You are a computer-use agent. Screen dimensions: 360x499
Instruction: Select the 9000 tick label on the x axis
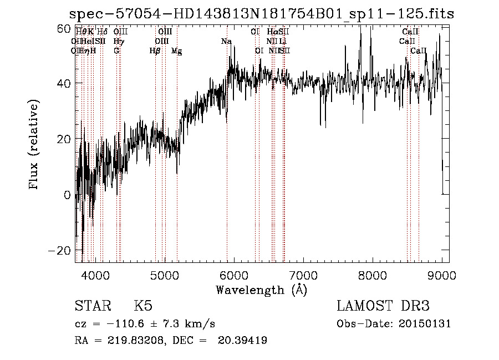[441, 275]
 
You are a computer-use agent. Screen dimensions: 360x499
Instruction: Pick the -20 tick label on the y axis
[59, 250]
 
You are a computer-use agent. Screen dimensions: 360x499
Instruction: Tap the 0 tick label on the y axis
[67, 195]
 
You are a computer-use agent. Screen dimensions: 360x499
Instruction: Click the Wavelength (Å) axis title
[261, 290]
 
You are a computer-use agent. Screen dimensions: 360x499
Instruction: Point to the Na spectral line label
[226, 42]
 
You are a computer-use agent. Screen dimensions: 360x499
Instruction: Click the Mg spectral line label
[176, 51]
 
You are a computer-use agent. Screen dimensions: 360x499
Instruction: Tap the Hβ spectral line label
[155, 51]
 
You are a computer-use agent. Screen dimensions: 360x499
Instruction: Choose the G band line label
[116, 51]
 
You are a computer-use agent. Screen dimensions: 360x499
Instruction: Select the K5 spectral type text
[143, 306]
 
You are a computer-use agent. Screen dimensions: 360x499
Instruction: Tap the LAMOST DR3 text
[383, 306]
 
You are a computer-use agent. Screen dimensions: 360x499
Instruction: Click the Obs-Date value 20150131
[427, 324]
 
